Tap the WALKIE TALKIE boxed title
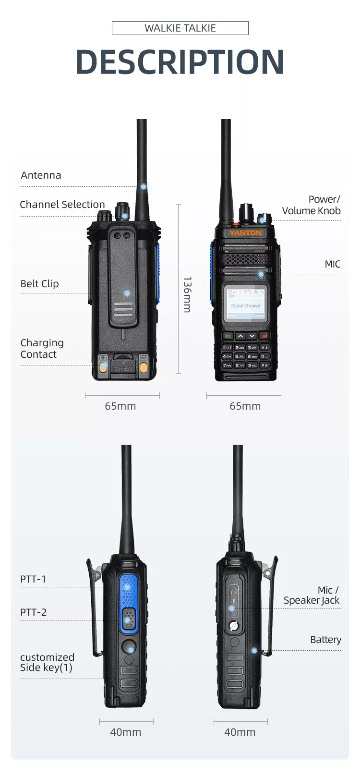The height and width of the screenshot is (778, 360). pos(180,28)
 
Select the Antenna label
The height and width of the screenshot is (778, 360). pos(41,175)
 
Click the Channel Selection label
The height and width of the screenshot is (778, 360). pos(62,205)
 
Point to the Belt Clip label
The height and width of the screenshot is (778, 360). pos(39,284)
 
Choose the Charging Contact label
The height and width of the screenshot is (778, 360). pos(42,349)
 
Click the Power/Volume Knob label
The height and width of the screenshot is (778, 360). pos(311,205)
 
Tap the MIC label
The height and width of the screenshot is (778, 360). pos(332,264)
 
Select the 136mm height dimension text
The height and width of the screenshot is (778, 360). pos(188,294)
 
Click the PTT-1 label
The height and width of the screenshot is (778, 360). pos(33,579)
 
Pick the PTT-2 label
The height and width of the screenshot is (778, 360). pos(33,612)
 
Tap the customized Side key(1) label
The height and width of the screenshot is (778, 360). pos(47,663)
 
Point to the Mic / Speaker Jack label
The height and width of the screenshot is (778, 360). pos(312,596)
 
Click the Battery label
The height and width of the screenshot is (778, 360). pos(325,640)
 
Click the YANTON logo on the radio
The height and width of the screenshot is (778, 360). pos(246,233)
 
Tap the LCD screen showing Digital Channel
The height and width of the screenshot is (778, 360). pos(245,304)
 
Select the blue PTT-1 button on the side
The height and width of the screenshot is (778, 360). pos(128,591)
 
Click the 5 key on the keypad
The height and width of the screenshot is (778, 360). pos(240,356)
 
